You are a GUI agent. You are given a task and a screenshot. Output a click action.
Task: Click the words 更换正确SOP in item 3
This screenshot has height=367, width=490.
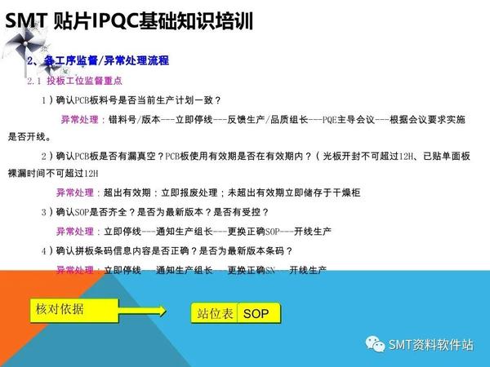point(249,231)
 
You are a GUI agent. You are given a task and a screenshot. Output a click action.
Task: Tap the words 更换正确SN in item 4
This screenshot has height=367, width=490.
point(249,270)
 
